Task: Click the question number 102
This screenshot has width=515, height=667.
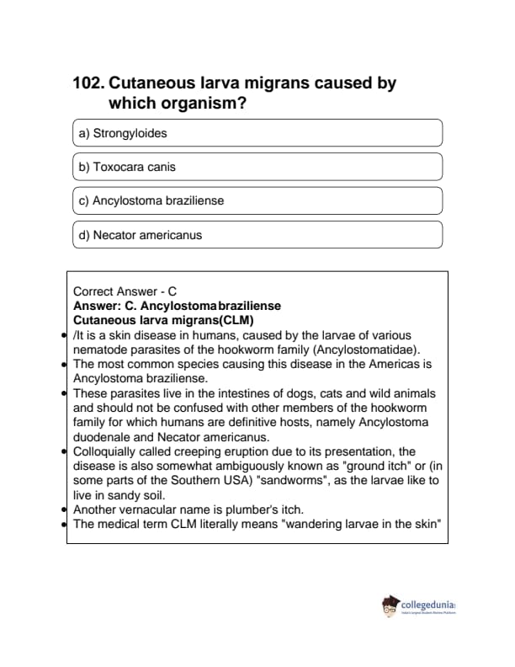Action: click(x=88, y=84)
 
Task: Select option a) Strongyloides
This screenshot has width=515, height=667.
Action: click(x=257, y=133)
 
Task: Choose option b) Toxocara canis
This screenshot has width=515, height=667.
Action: click(x=257, y=167)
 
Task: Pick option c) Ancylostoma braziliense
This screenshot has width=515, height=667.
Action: click(x=257, y=201)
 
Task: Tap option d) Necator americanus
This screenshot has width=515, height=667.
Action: click(x=257, y=235)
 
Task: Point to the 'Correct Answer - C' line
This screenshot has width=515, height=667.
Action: click(x=125, y=292)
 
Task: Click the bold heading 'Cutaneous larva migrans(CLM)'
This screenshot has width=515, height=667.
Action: click(x=163, y=320)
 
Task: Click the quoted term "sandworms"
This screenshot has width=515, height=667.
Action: click(x=336, y=480)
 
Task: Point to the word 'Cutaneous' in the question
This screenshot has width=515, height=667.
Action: click(x=151, y=84)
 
